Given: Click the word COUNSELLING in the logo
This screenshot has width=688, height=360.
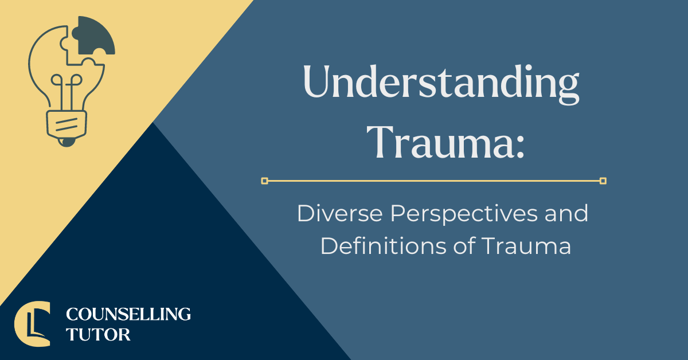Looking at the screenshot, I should point(128,314).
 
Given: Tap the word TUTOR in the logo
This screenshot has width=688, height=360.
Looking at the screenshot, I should point(98,334).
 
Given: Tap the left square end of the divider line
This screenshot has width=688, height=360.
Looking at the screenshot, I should point(264,181).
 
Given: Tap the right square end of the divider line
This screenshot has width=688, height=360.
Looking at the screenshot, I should point(603,181).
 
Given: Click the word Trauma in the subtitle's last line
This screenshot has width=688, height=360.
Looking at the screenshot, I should point(526,246).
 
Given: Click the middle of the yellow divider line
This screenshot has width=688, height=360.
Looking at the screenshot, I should point(433,181).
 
